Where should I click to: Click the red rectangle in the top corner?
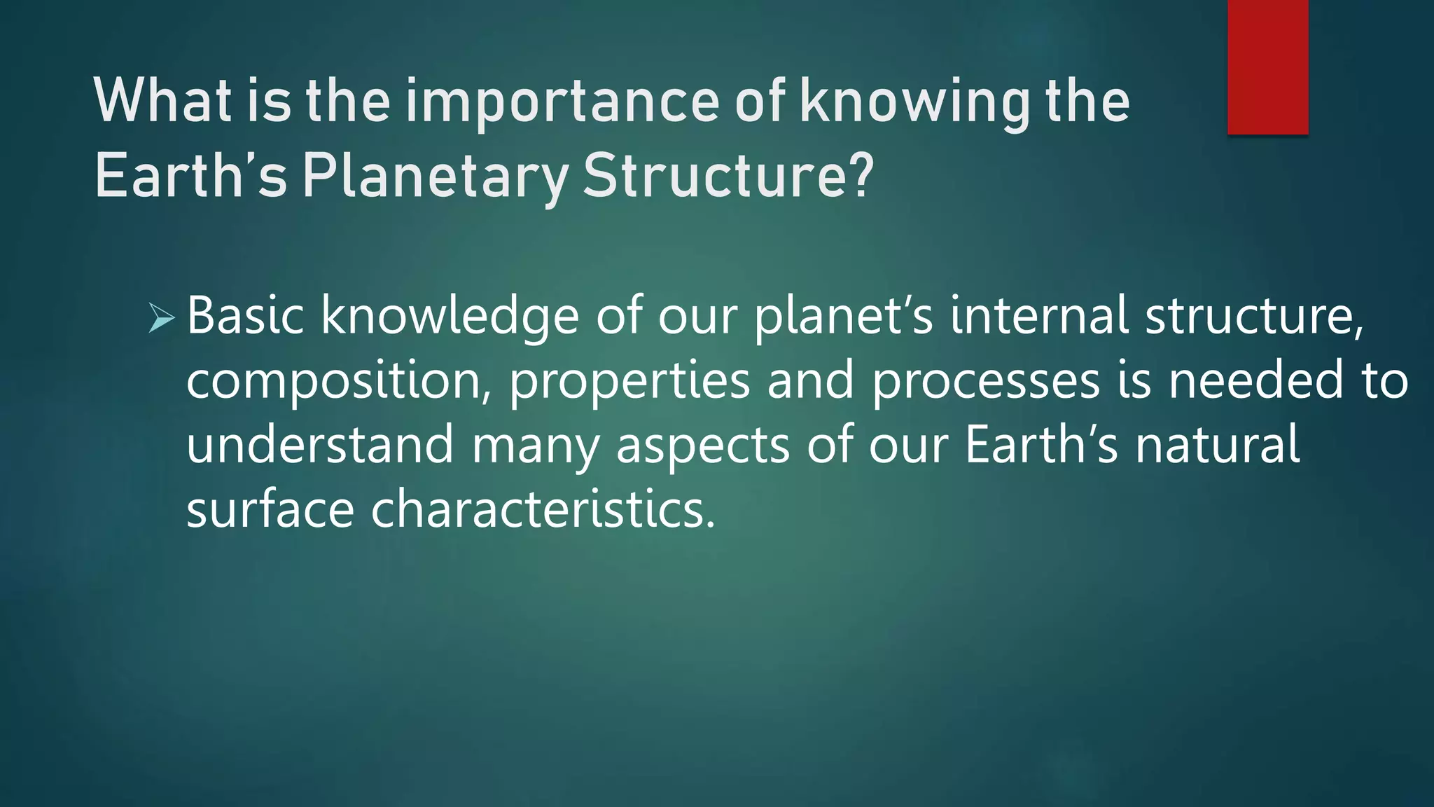click(x=1267, y=67)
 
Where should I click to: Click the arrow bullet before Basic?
click(x=162, y=319)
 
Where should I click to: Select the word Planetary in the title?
click(x=434, y=177)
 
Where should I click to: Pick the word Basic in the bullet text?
click(x=245, y=316)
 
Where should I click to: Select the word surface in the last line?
click(x=270, y=509)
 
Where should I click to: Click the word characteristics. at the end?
click(x=543, y=509)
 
